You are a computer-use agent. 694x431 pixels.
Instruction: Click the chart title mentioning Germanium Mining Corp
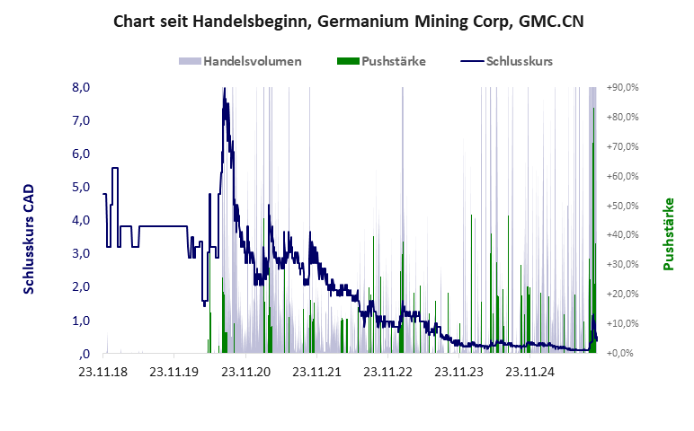(348, 21)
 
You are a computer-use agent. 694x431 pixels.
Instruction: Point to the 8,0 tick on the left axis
(81, 87)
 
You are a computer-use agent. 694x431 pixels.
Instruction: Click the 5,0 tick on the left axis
(81, 187)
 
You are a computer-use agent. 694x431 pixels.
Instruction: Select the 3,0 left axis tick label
(81, 253)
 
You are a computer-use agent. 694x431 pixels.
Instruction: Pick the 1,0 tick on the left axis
(81, 320)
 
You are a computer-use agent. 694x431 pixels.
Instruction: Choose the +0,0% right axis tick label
(621, 353)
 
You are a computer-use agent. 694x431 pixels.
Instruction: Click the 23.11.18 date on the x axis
(103, 371)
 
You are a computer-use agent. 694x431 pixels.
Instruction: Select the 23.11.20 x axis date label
(245, 371)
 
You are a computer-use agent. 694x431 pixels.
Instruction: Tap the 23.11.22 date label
(387, 371)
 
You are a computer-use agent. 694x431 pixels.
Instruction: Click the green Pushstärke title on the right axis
(669, 234)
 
